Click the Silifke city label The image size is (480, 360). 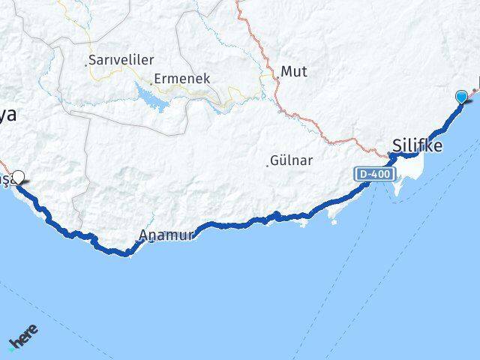tap(416, 145)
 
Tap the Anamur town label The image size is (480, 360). tap(167, 235)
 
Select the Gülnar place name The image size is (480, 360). tap(292, 160)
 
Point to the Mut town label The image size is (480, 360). tap(294, 73)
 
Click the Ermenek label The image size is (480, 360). tap(183, 78)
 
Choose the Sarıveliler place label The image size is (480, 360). tap(121, 59)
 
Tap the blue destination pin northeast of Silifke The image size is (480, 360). tap(461, 97)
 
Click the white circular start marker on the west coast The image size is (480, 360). tap(19, 178)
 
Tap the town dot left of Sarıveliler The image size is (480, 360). tap(86, 62)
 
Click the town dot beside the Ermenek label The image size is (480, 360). tap(152, 81)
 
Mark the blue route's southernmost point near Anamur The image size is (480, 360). tap(127, 253)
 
